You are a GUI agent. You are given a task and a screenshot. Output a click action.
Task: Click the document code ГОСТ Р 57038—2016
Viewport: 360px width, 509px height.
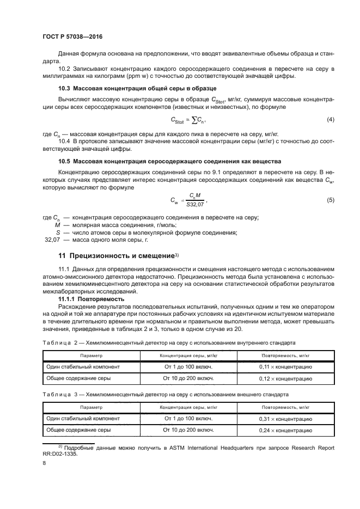(72, 36)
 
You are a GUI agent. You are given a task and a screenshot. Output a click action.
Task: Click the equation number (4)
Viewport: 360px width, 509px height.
(330, 119)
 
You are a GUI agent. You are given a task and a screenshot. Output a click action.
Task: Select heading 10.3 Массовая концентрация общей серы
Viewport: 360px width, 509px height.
(137, 88)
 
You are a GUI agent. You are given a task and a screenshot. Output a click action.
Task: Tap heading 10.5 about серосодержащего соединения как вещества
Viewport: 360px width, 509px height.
(169, 161)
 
